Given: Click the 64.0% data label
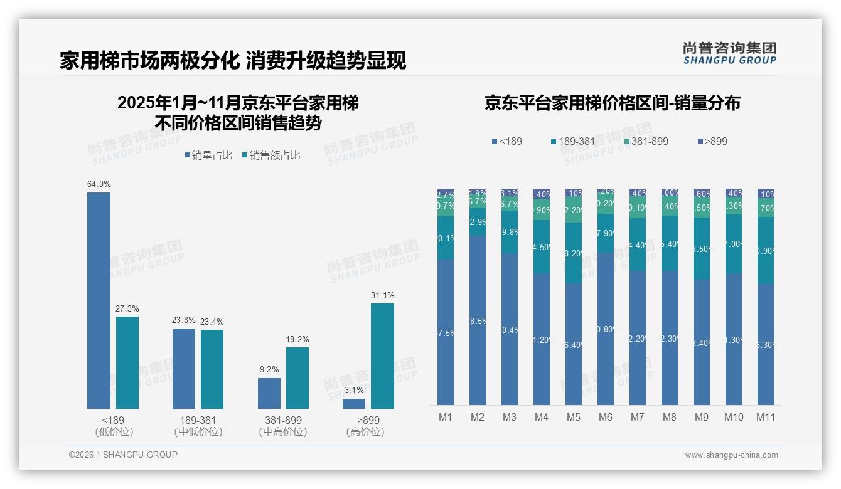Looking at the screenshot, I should pyautogui.click(x=99, y=184).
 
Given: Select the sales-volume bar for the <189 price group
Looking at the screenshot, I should pyautogui.click(x=99, y=301).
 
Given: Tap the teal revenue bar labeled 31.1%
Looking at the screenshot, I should pyautogui.click(x=382, y=356).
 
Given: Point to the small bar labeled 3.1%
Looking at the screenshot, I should pyautogui.click(x=354, y=404).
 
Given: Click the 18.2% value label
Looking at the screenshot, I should pyautogui.click(x=297, y=340).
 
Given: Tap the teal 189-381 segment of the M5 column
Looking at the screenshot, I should pyautogui.click(x=573, y=253).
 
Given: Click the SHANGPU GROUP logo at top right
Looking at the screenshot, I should pyautogui.click(x=729, y=53).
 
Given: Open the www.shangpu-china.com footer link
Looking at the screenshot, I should pyautogui.click(x=731, y=455).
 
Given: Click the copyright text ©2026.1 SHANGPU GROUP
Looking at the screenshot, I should pyautogui.click(x=123, y=455).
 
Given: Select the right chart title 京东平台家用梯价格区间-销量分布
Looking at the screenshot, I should pyautogui.click(x=612, y=103).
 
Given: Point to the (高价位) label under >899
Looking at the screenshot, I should pyautogui.click(x=365, y=432).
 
